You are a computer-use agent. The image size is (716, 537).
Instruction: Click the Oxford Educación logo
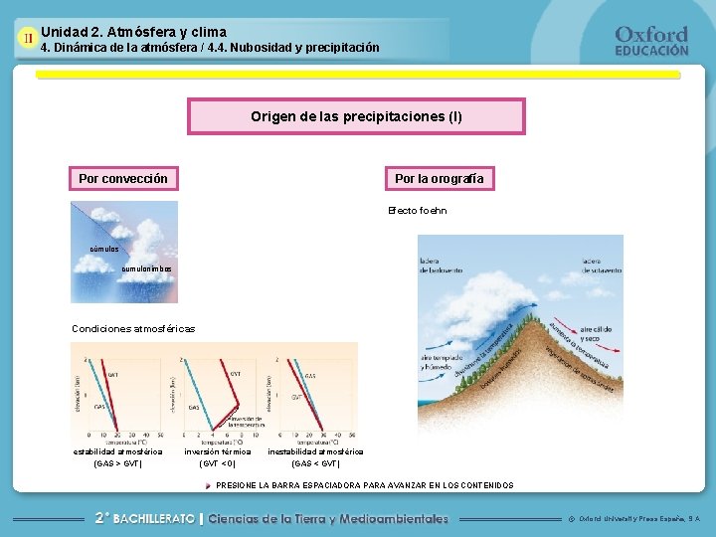(651, 41)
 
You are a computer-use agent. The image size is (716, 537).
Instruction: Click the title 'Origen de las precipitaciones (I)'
(356, 116)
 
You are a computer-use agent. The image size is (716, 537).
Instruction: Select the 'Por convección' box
(123, 179)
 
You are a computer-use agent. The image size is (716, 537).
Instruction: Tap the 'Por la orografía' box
(439, 179)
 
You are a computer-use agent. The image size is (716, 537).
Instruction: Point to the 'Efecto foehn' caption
(417, 211)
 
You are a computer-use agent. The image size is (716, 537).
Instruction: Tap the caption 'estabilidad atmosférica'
(117, 451)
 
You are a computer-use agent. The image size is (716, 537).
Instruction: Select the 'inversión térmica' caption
(217, 451)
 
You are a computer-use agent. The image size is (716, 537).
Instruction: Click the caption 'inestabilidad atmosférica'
(315, 451)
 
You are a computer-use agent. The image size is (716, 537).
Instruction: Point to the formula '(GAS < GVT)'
(315, 463)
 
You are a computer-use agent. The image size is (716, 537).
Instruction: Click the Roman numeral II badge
(28, 39)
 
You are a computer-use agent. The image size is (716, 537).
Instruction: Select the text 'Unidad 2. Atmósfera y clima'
(133, 32)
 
